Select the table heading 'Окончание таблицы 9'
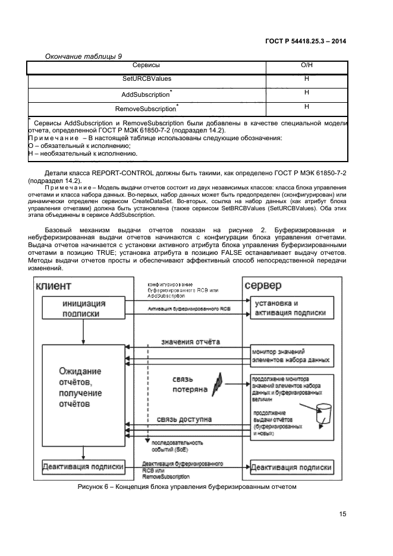(x=83, y=56)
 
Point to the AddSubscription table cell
(x=146, y=94)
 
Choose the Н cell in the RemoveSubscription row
(x=307, y=107)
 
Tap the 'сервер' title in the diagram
(x=263, y=286)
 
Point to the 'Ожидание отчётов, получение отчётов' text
(x=80, y=387)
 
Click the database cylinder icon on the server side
(x=324, y=410)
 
